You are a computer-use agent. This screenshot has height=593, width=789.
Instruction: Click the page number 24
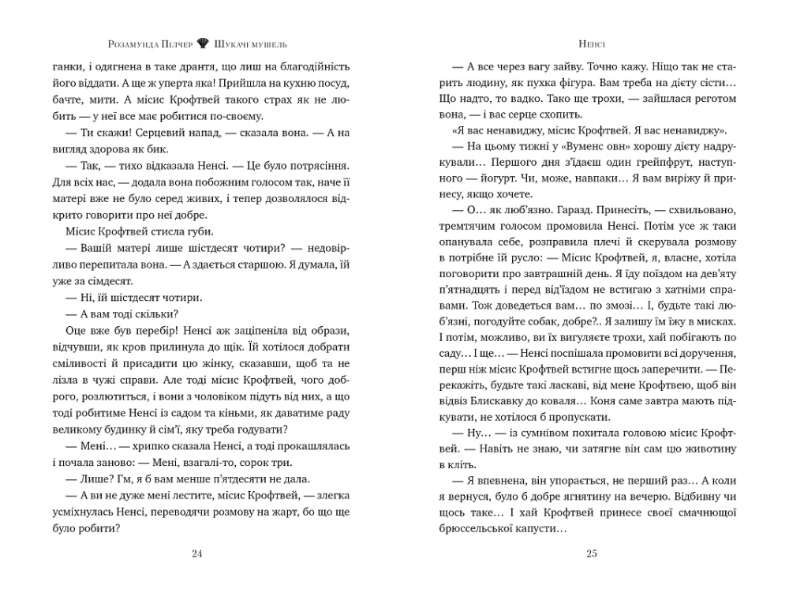pos(197,553)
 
